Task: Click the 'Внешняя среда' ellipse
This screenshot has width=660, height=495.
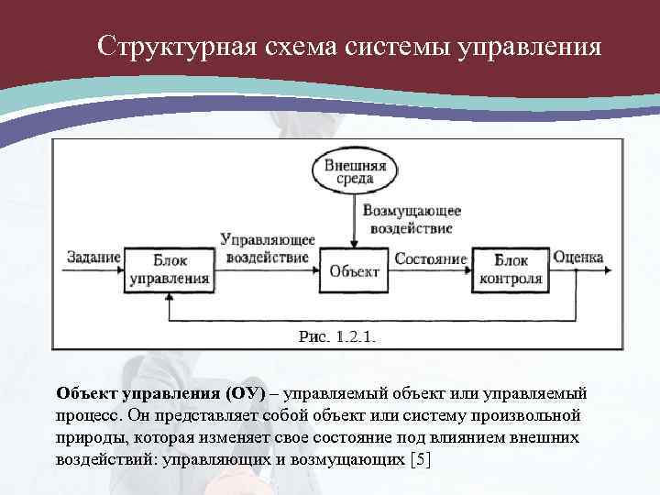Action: tap(356, 171)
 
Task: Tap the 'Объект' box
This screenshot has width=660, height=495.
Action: tap(354, 269)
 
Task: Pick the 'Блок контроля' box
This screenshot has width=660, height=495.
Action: tap(511, 269)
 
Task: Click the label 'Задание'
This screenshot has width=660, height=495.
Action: tap(93, 258)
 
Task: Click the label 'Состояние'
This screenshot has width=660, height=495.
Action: tap(430, 258)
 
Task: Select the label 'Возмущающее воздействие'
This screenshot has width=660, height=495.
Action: tap(412, 218)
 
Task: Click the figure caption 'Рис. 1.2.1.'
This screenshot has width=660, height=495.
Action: tap(337, 337)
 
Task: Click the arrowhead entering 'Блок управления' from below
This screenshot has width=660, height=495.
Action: tap(169, 295)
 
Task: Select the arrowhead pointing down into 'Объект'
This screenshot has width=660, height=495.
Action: tap(354, 243)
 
